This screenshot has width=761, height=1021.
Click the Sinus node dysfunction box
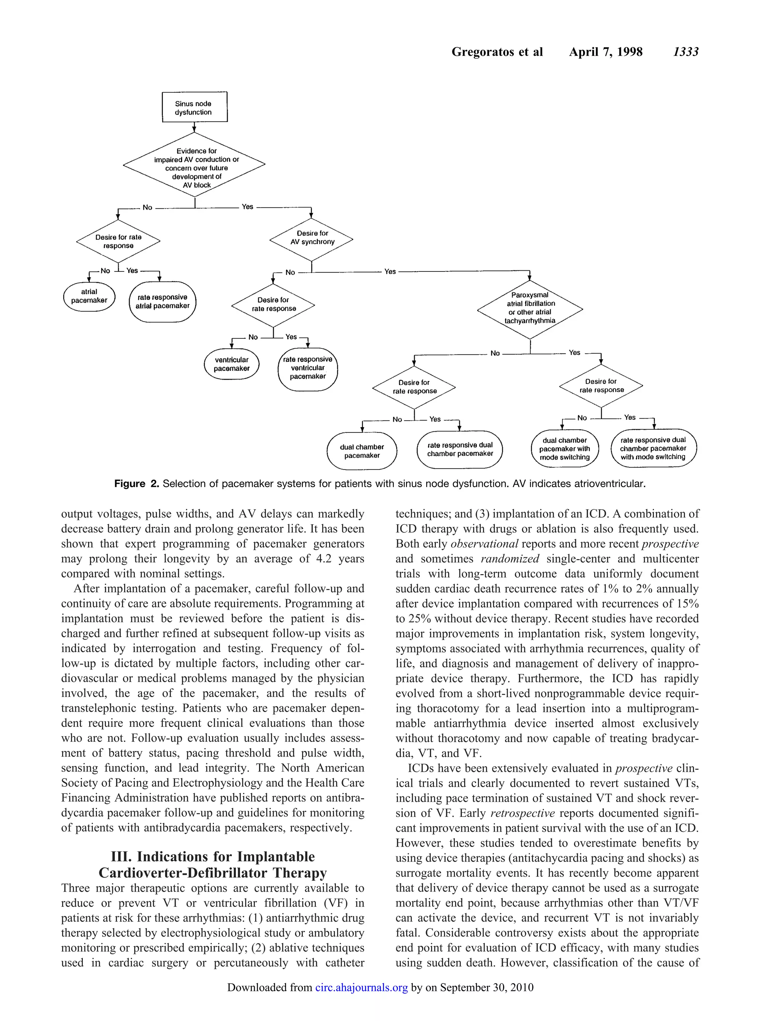coord(194,107)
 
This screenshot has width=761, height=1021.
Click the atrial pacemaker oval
coord(89,296)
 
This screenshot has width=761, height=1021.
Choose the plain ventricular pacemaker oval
coord(231,364)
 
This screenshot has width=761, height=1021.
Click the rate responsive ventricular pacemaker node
coord(308,368)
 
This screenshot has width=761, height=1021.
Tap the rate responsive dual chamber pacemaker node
coord(460,450)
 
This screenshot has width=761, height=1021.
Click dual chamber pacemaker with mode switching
coord(564,449)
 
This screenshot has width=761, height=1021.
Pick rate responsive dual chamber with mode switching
coord(653,448)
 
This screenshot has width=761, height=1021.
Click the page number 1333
coord(686,52)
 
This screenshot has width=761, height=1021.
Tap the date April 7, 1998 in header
coord(605,52)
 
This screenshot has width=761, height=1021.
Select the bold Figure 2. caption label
coord(136,483)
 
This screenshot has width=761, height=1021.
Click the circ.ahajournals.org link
coord(361,987)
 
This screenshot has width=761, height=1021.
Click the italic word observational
coord(484,544)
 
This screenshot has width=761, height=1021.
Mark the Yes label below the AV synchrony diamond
coord(390,271)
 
